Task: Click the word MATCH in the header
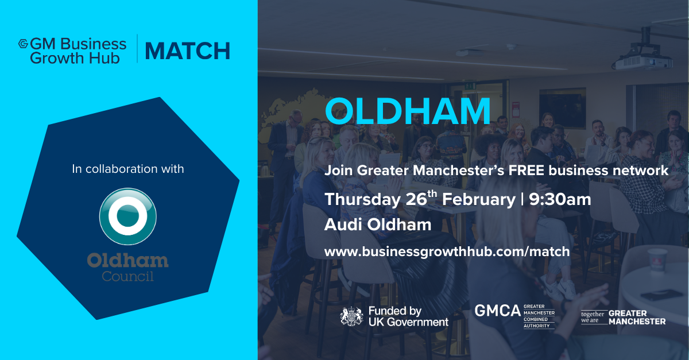coord(187,51)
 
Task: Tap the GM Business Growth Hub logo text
coord(78,51)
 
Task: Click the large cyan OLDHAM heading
coord(408,111)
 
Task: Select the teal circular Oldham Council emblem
coord(127,216)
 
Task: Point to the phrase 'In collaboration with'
coord(128,169)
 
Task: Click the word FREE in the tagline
coord(527,171)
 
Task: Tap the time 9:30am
coord(560,199)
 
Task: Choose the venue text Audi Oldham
coord(378,224)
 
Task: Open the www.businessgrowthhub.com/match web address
coord(447,251)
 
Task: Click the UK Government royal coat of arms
coord(351,316)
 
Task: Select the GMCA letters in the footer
coord(497,311)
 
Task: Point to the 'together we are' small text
coord(593,317)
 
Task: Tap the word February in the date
coord(479,200)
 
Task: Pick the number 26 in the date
coord(416,199)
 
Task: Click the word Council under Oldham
coord(127,276)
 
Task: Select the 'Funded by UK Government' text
coord(408,316)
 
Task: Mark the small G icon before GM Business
coord(24,44)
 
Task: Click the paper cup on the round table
coord(657,260)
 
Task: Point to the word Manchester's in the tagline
coord(459,171)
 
